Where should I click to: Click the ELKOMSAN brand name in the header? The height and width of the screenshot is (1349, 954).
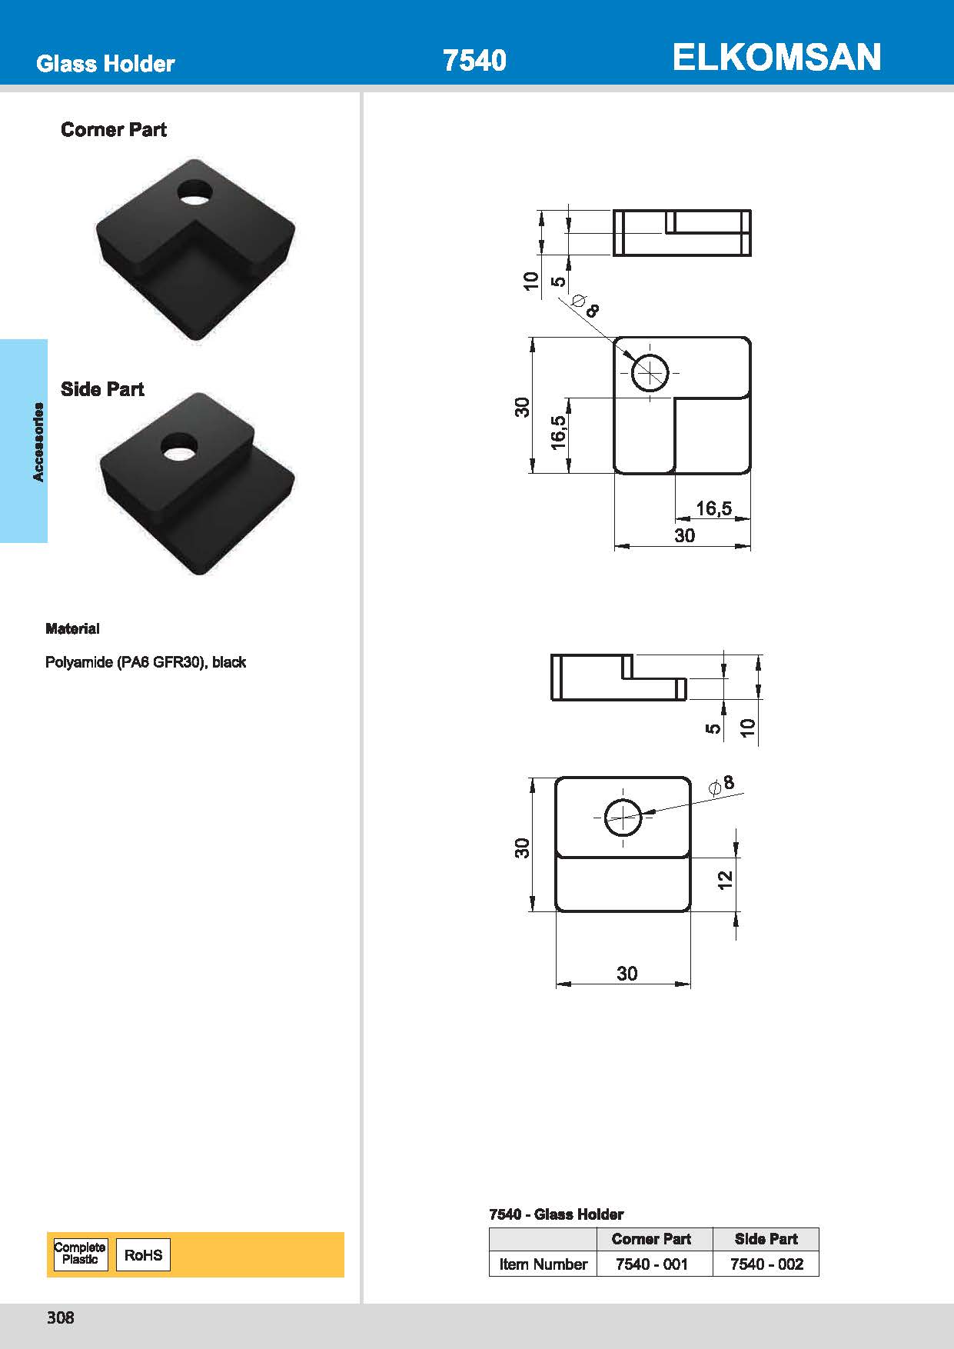coord(776,58)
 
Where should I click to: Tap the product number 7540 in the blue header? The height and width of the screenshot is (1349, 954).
coord(474,61)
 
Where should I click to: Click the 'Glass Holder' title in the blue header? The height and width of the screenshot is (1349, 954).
coord(105,63)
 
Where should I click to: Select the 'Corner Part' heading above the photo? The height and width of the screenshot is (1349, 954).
coord(114,129)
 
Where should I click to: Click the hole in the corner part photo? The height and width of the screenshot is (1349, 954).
coord(196,192)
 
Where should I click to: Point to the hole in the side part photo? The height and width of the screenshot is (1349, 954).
coord(179,447)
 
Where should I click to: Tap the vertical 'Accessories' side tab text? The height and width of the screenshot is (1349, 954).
coord(38,441)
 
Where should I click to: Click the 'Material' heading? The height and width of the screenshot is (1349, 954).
coord(72,628)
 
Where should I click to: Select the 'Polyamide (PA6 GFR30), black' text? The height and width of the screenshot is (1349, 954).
coord(145,662)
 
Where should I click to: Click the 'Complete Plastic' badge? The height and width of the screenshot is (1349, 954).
coord(80,1254)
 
